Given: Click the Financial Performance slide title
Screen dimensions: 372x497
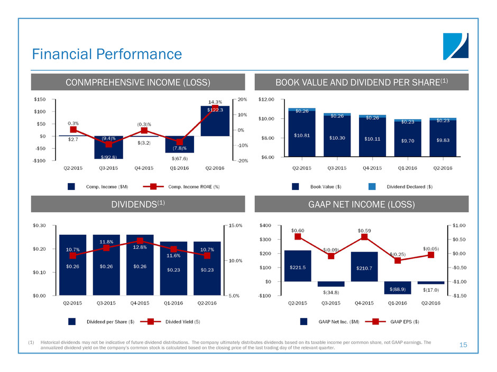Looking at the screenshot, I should coord(107,54).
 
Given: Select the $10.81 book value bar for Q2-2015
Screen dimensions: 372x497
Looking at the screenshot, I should coord(302,135).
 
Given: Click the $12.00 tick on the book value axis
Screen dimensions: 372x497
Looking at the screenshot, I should coord(266,99).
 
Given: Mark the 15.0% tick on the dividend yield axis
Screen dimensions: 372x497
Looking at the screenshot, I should coord(235,225).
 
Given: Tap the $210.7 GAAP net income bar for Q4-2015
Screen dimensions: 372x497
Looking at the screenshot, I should coord(364,267).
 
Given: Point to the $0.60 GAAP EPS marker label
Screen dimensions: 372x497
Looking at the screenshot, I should coord(298,230).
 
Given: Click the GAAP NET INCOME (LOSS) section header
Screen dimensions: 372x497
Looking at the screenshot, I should coord(362,203).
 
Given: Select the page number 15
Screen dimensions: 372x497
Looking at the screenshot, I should coord(464,345).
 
